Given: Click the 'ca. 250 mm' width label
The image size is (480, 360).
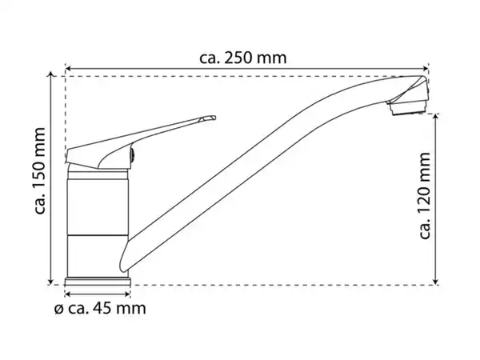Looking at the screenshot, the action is tap(243, 58).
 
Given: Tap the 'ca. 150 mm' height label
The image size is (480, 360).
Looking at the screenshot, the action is tap(40, 171).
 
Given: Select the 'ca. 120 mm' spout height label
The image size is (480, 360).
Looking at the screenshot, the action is tap(424, 196).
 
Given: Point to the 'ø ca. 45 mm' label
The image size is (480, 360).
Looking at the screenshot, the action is tap(100, 308).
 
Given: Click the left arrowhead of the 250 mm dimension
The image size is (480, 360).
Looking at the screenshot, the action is tap(68, 68).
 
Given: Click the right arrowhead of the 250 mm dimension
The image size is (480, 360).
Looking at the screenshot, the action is tap(426, 68).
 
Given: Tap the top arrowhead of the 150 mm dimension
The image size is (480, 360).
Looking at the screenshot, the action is tap(51, 74).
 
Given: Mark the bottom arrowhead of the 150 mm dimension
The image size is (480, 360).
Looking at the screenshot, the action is tap(51, 282).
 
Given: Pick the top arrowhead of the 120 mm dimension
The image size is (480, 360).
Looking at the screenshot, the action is tap(436, 117).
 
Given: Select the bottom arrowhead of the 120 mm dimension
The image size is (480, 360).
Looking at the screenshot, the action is tap(436, 282).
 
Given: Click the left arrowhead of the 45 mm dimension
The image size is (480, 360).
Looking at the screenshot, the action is tap(68, 294).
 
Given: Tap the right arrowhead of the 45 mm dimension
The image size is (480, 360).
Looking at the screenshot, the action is tap(127, 294).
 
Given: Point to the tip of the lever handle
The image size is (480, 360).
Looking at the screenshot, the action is tap(214, 118).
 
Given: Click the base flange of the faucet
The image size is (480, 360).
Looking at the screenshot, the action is tap(98, 282).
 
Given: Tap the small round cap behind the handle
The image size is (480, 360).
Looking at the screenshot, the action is tap(132, 155).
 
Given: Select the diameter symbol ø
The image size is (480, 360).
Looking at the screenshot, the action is tap(58, 309).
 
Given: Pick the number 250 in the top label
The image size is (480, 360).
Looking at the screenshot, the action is tap(238, 58).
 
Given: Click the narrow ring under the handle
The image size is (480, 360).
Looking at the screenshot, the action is tap(98, 175).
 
